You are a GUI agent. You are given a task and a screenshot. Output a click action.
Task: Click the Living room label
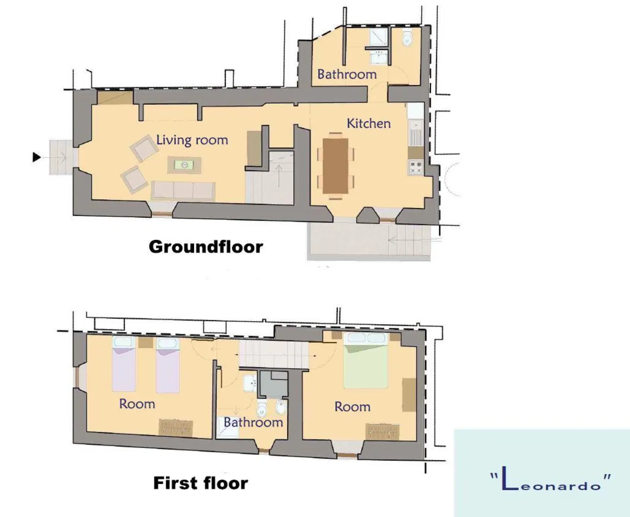click(192, 140)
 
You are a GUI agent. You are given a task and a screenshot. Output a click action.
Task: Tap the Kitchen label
click(368, 124)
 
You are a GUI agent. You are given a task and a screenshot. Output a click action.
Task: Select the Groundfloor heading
click(206, 247)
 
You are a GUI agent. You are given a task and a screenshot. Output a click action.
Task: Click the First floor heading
click(200, 483)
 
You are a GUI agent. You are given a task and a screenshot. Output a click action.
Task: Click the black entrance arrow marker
click(36, 157)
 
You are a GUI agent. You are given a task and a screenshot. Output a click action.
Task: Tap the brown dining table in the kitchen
click(335, 166)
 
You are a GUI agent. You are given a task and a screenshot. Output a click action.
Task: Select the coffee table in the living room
click(184, 165)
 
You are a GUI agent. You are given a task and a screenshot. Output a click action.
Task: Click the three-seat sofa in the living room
click(183, 190)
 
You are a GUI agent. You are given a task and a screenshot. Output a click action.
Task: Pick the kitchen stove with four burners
click(416, 167)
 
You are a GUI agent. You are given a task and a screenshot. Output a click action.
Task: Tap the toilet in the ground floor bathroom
click(407, 37)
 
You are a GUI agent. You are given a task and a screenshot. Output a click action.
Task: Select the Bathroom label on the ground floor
click(347, 74)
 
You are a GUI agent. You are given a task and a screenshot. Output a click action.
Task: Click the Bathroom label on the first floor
click(253, 422)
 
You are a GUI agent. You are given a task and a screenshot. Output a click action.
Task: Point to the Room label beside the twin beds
click(137, 404)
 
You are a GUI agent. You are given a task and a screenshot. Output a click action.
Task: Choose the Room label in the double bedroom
click(353, 407)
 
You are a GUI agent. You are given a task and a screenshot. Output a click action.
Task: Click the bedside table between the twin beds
click(146, 342)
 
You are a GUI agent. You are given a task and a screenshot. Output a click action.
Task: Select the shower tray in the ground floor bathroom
click(379, 37)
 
